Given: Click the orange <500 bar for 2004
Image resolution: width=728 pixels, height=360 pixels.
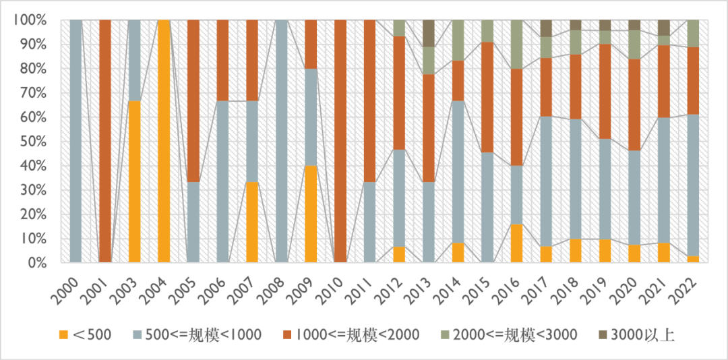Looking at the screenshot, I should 164,141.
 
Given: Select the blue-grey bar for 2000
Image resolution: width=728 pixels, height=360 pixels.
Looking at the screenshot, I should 76,141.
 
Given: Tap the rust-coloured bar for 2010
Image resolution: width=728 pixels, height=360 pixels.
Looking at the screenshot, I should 340,141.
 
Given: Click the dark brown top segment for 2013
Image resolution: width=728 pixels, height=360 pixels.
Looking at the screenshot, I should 429,33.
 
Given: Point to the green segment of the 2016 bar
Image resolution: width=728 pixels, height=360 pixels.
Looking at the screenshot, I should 517,44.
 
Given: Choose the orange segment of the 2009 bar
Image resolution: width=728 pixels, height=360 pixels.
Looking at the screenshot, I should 311,213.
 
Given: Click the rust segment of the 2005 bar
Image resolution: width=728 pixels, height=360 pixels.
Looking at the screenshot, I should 193,100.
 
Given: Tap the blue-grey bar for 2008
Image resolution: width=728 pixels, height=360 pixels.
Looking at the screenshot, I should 282,141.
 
